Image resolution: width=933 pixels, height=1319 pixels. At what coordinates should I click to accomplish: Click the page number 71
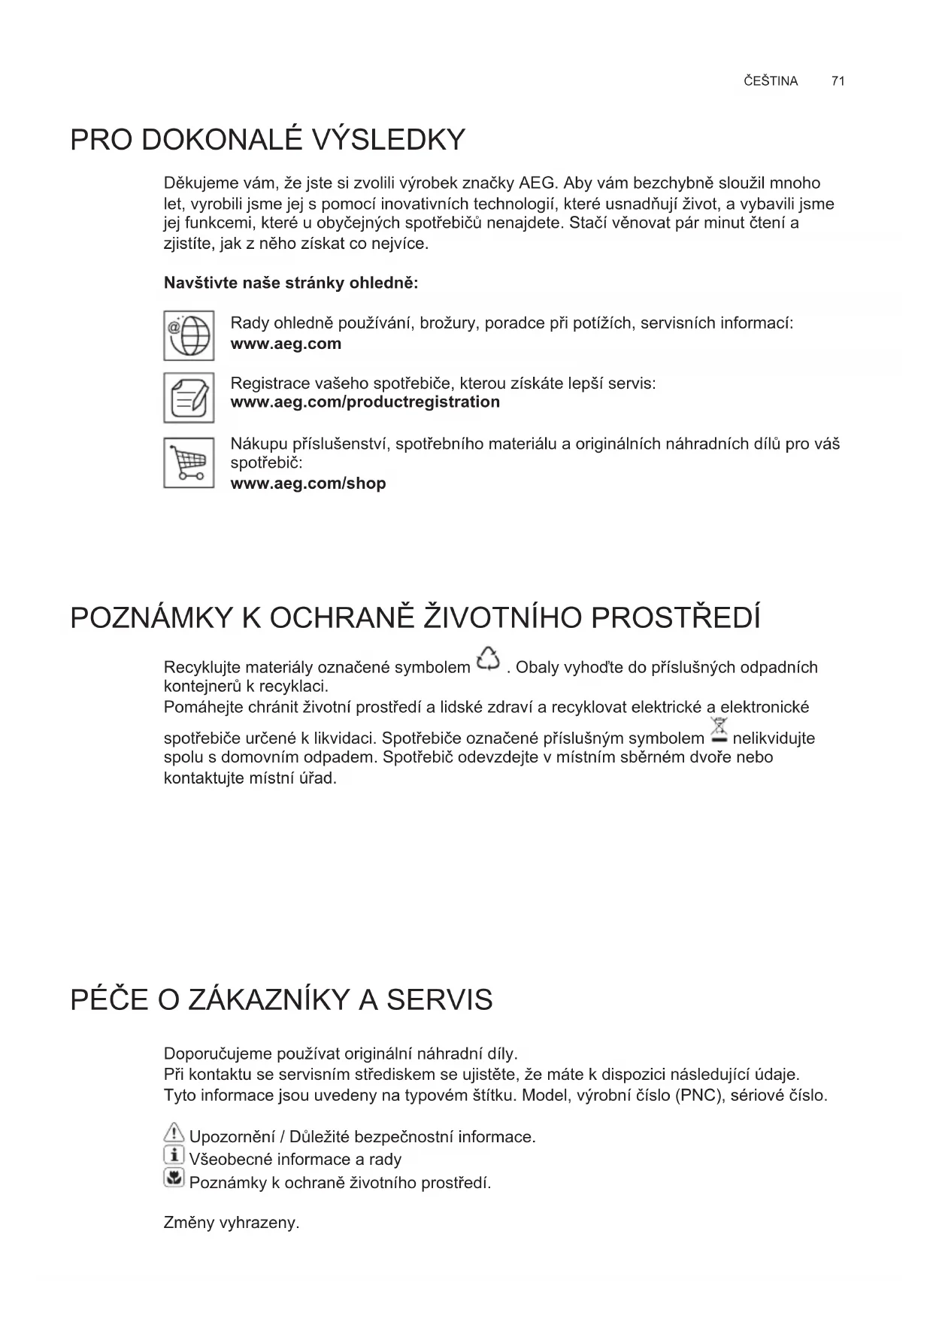tap(838, 81)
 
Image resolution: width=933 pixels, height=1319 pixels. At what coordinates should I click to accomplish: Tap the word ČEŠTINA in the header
tap(771, 81)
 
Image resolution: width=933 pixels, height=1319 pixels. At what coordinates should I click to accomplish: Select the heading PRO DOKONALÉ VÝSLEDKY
tap(268, 140)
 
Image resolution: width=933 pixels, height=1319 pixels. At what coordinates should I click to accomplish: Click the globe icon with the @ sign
tap(189, 335)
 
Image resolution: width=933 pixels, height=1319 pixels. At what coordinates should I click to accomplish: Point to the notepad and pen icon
tap(189, 397)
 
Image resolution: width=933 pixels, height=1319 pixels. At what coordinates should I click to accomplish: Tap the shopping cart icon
tap(189, 462)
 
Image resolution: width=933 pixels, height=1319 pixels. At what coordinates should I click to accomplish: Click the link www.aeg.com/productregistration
tap(365, 402)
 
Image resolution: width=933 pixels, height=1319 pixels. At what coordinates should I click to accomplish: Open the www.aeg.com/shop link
tap(307, 484)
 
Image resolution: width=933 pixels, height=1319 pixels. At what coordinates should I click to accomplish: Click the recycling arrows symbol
tap(488, 659)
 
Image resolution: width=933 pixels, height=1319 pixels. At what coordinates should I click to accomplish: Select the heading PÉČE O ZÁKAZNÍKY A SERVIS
tap(281, 1000)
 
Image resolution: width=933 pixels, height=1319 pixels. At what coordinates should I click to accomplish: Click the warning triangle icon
tap(174, 1133)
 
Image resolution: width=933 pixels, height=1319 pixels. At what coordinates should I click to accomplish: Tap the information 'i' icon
tap(174, 1156)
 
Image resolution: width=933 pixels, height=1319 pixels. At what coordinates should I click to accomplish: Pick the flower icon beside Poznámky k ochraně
tap(174, 1178)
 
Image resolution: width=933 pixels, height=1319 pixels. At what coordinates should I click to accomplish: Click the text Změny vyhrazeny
tap(232, 1223)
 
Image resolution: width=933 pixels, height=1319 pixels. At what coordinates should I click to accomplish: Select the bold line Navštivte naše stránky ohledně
tap(291, 284)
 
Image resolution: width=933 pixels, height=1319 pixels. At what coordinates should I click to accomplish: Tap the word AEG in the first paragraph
tap(537, 183)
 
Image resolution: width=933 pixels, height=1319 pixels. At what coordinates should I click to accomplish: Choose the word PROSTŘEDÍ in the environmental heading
tap(676, 617)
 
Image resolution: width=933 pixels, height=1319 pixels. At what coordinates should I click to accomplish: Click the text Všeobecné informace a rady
tap(295, 1160)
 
